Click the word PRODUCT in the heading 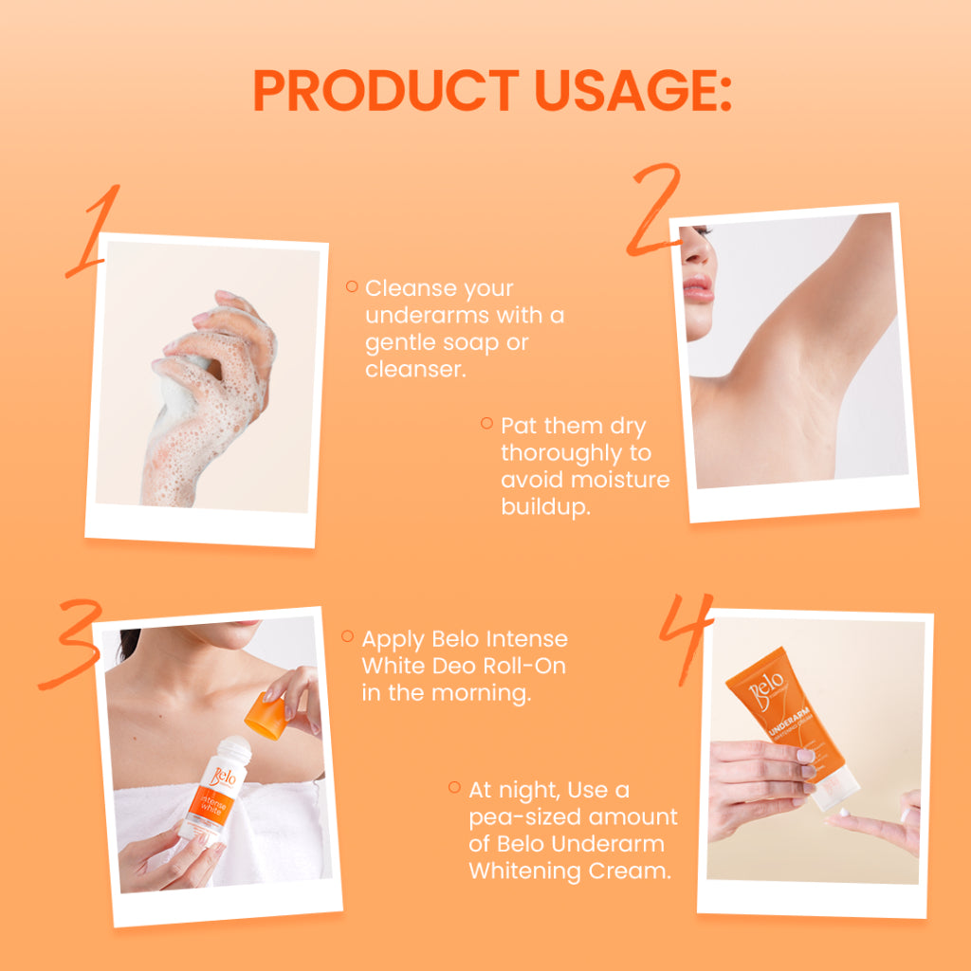point(386,90)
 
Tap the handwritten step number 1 point(93,230)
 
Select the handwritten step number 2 point(655,210)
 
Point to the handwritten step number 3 point(71,644)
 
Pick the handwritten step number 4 point(686,638)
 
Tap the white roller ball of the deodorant point(235,746)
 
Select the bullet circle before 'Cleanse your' point(352,286)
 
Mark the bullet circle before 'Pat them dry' point(486,423)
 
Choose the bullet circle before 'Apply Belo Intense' point(347,636)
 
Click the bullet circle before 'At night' point(454,787)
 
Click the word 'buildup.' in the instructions point(545,507)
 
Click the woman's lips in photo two point(697,288)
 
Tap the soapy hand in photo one point(209,396)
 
